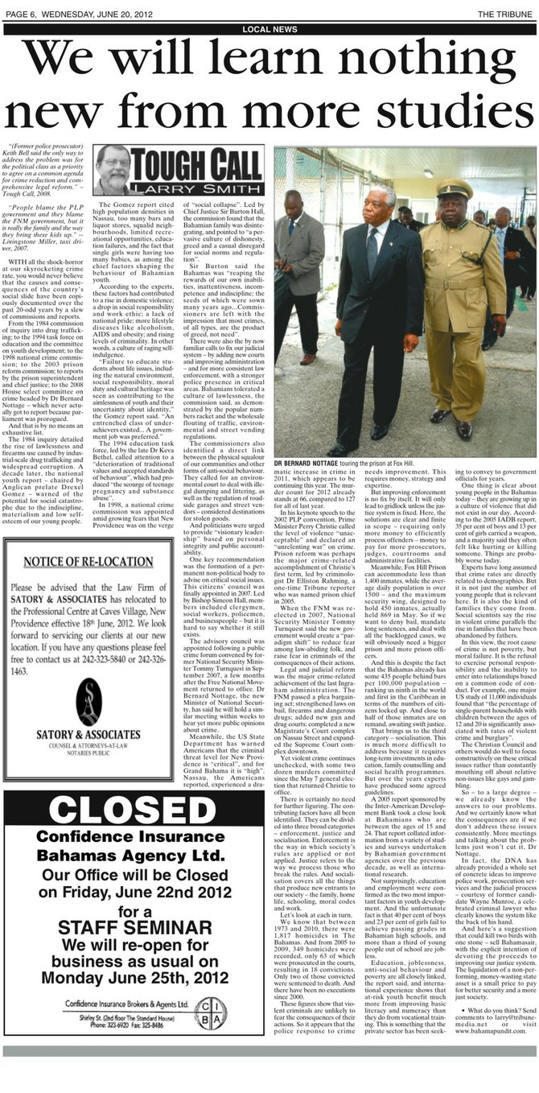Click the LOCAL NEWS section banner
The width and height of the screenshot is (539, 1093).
tap(269, 29)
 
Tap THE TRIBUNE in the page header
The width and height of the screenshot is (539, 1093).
tap(508, 14)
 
